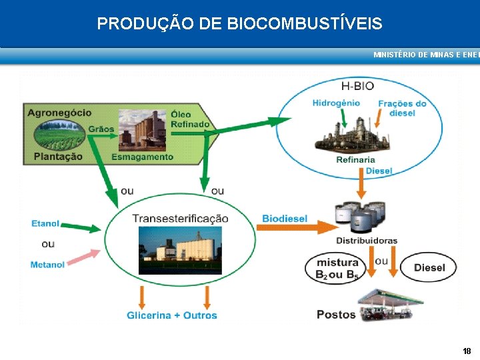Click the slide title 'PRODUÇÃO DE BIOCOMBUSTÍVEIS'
coord(239,24)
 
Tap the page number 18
coord(467,351)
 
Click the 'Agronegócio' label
coord(59,113)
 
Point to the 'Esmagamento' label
coord(142,157)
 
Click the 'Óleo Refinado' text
coord(190,119)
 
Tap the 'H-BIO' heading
coord(357,86)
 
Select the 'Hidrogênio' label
coord(336,103)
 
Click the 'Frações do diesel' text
coord(402,108)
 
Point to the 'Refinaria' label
coord(355,159)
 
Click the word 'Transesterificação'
coord(180,219)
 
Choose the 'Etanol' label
coord(45,223)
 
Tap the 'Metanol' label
coord(47,265)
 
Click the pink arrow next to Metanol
coord(84,257)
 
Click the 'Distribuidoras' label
coord(366,240)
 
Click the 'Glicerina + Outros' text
coord(172,315)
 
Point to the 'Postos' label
coord(336,315)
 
